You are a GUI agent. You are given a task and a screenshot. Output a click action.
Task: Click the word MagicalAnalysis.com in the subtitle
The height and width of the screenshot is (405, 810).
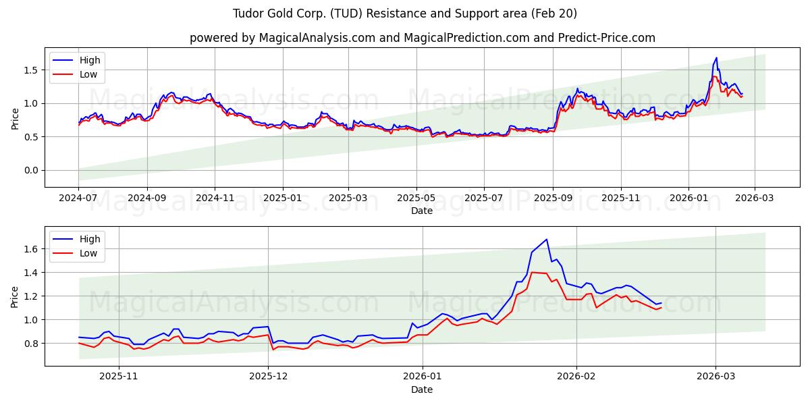[x=317, y=38]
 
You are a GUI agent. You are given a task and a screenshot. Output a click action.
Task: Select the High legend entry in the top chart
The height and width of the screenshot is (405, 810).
[x=90, y=60]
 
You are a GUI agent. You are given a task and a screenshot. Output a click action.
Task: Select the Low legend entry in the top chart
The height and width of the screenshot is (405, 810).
[x=88, y=74]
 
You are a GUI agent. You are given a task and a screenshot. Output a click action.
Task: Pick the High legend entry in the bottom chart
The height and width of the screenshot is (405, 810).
[x=90, y=239]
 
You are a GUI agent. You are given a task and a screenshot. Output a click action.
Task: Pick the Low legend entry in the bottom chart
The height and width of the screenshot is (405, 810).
[x=88, y=253]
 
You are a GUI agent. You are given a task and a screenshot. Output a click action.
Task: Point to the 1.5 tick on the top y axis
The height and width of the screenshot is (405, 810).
[x=30, y=70]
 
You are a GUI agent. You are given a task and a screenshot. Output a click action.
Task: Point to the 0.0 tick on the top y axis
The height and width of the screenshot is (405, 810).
[x=30, y=170]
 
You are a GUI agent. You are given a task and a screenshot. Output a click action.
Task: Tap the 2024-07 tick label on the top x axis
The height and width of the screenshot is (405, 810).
[x=78, y=198]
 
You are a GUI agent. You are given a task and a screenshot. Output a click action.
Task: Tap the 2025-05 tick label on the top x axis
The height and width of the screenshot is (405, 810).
[x=416, y=198]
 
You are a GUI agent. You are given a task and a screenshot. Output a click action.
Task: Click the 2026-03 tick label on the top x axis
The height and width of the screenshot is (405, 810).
[x=754, y=198]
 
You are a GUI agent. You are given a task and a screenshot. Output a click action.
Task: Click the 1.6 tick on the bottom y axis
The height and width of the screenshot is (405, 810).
[x=30, y=249]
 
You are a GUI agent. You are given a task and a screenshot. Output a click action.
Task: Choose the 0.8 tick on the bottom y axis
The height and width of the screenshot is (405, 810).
[x=30, y=344]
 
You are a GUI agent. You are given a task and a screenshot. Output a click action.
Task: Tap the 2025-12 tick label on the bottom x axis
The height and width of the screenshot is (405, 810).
[x=268, y=377]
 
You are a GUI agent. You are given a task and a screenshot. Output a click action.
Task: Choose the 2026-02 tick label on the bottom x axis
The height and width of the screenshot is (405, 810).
[x=578, y=377]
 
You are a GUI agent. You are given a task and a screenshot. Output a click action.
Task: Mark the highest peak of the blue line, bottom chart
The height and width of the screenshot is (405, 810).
[x=547, y=239]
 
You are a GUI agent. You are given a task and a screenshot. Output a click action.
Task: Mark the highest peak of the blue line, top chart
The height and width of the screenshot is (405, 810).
[x=716, y=58]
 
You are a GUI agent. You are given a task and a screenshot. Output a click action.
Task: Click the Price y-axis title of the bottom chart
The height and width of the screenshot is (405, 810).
[x=15, y=296]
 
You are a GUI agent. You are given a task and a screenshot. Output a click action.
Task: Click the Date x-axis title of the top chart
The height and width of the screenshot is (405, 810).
[x=422, y=211]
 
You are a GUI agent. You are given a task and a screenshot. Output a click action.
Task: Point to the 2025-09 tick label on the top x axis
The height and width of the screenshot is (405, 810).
[x=553, y=198]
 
